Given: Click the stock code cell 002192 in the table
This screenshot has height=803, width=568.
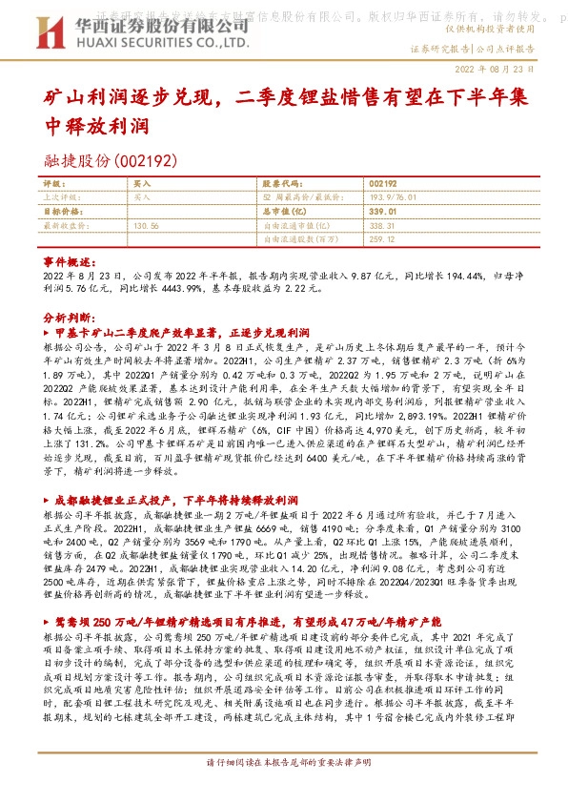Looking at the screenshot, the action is click(381, 182).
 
